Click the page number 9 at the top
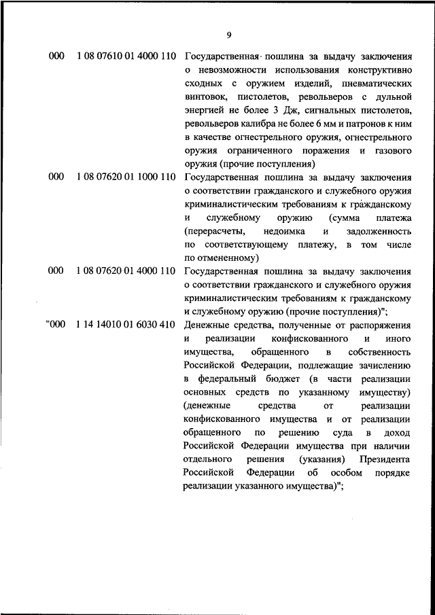(x=229, y=35)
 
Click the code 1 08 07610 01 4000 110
(x=126, y=56)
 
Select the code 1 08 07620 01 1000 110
(x=126, y=177)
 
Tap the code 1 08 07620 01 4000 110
(x=126, y=271)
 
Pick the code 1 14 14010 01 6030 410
(x=126, y=324)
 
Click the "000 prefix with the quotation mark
(x=55, y=324)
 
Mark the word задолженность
(x=381, y=231)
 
